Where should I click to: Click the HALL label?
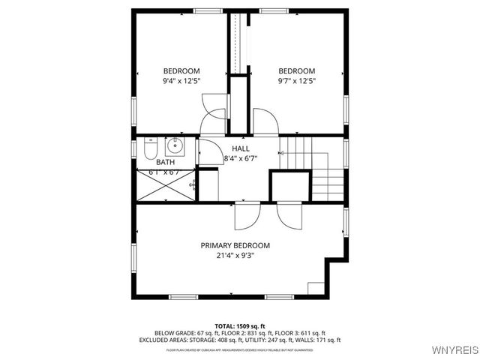click(241, 148)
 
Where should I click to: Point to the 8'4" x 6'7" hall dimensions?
click(241, 158)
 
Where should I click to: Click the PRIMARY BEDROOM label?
click(235, 245)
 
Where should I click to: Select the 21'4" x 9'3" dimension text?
click(235, 256)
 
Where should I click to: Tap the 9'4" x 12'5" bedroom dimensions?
click(181, 81)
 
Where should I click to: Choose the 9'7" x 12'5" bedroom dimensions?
click(296, 81)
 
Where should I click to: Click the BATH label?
click(165, 162)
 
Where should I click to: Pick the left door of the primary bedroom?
click(246, 215)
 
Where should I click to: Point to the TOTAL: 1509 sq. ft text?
click(239, 325)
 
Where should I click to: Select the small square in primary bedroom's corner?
click(316, 289)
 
